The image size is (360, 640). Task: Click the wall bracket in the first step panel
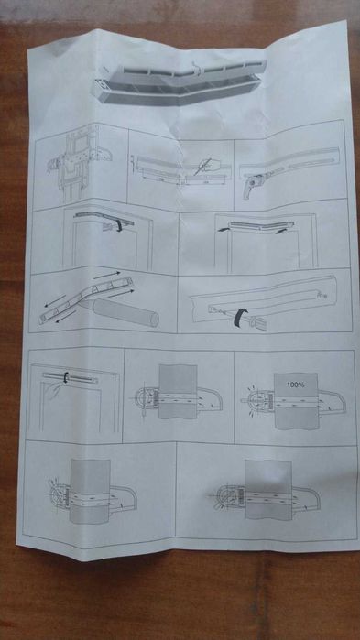[73, 168]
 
